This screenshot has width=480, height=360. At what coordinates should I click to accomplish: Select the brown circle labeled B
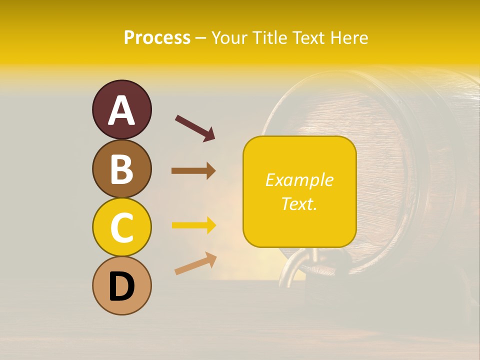pos(121,168)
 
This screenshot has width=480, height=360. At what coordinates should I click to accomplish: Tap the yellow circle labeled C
pos(121,227)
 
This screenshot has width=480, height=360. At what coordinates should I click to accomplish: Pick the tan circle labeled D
pos(121,286)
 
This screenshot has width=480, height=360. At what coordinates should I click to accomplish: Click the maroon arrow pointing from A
pos(195,127)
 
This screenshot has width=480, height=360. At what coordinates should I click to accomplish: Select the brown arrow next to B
pos(193,171)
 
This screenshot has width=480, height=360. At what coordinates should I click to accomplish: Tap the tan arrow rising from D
pos(195,263)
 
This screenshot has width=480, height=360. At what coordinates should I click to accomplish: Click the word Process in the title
pos(157,37)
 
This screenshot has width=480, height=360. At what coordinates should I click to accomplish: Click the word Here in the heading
pos(349,37)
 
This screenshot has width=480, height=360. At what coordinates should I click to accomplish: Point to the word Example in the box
pos(299,180)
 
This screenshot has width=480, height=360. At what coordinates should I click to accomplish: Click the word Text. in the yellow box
pos(299,203)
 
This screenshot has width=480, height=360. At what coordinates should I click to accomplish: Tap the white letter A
pos(121,110)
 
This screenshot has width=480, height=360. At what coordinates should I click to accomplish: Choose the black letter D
pos(121,287)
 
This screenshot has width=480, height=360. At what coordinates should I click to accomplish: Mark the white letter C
pos(121,228)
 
